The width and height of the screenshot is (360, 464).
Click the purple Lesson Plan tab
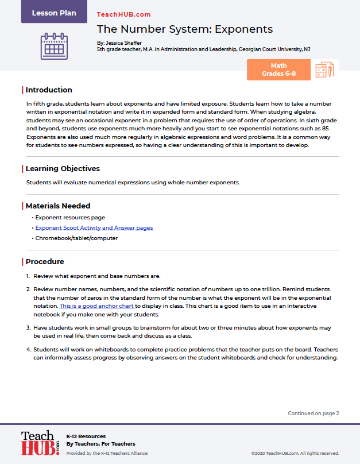click(54, 12)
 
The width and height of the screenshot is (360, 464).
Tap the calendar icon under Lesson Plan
click(54, 47)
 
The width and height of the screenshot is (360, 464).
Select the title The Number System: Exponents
click(184, 29)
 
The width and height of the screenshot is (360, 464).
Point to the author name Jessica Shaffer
click(125, 42)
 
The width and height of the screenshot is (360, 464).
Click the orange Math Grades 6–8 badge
click(278, 69)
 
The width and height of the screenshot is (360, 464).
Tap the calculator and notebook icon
click(324, 70)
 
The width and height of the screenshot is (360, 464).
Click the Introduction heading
click(49, 90)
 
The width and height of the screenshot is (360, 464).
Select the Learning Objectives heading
click(63, 169)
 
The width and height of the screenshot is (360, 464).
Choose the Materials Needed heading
click(58, 206)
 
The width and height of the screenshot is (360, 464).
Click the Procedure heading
click(45, 261)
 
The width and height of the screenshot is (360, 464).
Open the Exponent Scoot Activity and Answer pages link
click(94, 228)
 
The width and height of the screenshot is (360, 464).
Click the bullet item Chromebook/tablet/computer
click(76, 238)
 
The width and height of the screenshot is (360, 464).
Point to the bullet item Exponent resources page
click(70, 218)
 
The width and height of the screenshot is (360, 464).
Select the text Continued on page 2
click(313, 413)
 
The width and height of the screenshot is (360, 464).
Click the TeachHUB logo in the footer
click(40, 443)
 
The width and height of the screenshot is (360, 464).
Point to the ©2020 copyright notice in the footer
click(296, 453)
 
